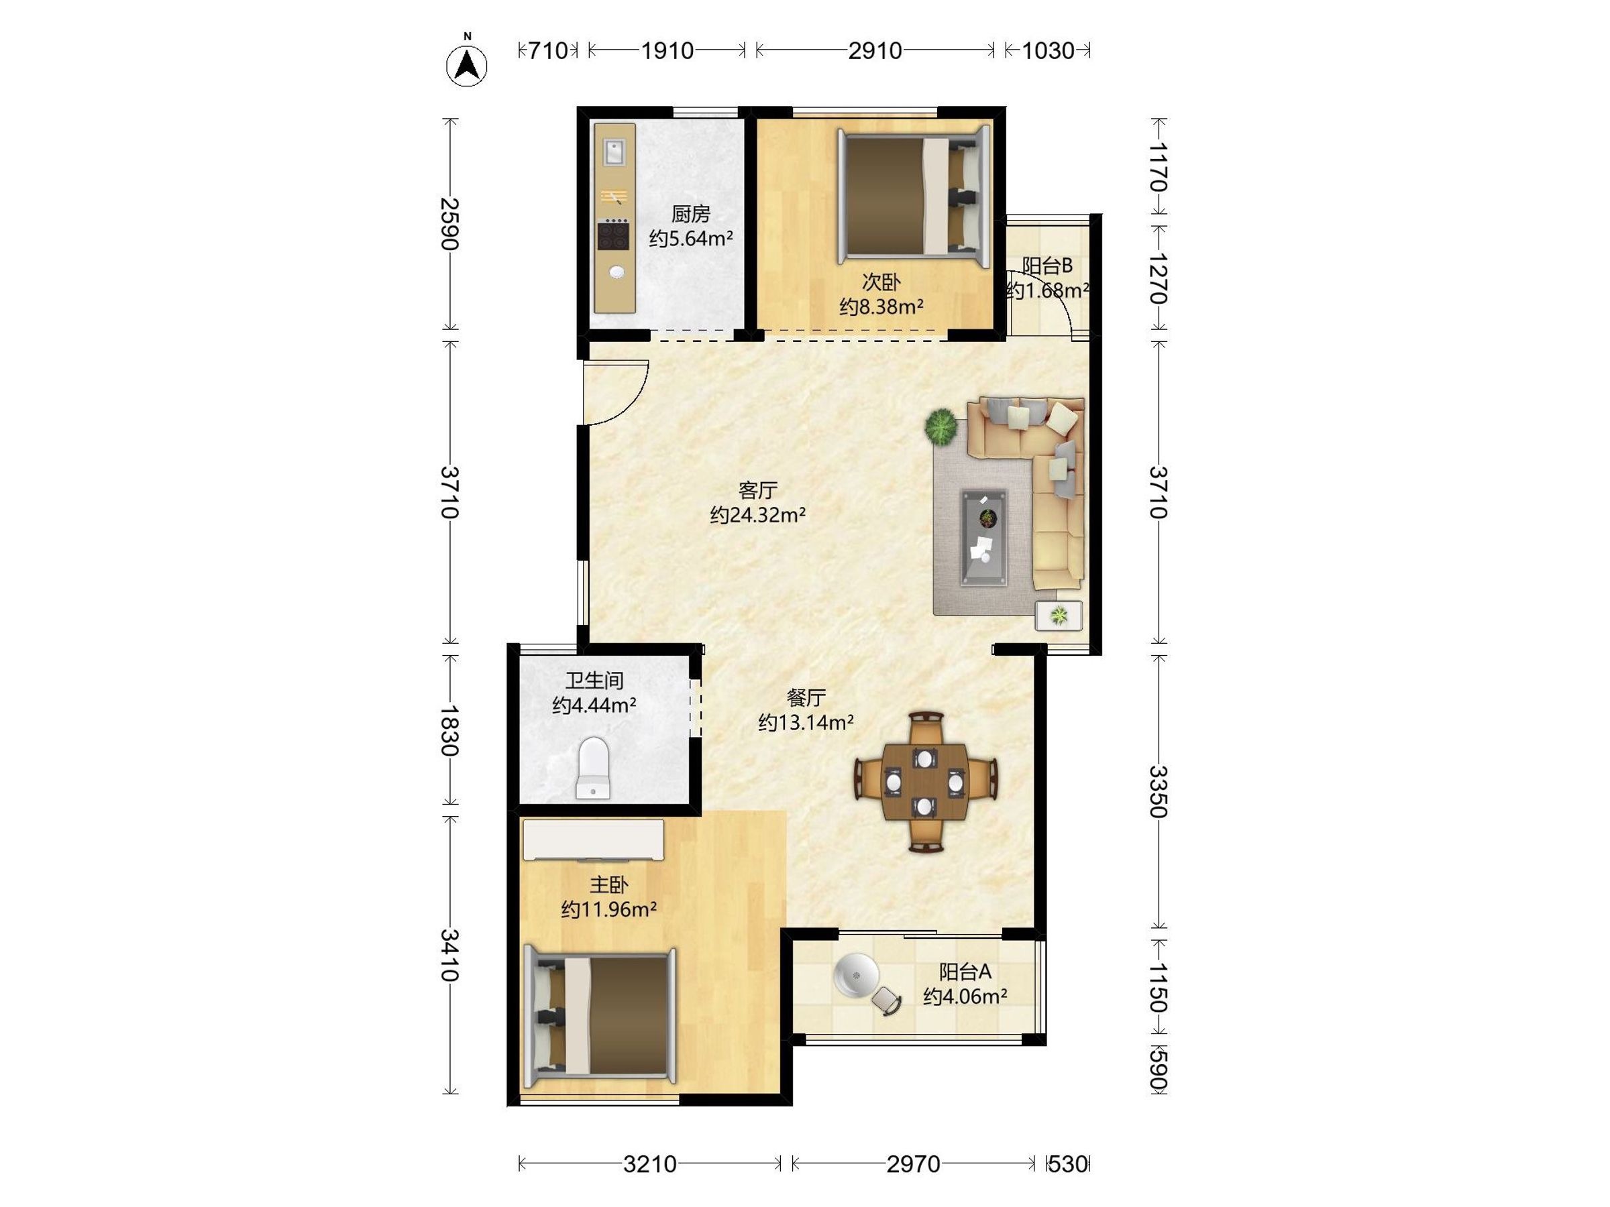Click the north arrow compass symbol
(x=466, y=64)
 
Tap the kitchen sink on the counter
(x=614, y=153)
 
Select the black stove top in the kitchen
(x=614, y=235)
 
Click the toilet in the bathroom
(x=593, y=768)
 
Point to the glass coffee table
(x=984, y=538)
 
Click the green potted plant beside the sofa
(x=941, y=426)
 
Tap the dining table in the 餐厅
(x=925, y=781)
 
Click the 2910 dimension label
(x=875, y=51)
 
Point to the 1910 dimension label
(x=667, y=51)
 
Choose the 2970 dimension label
(x=913, y=1165)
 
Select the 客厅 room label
(x=757, y=490)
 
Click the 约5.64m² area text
(x=691, y=239)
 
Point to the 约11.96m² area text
(x=608, y=909)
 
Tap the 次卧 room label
(x=881, y=282)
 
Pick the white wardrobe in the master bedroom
(x=593, y=840)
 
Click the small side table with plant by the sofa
(x=1059, y=616)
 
